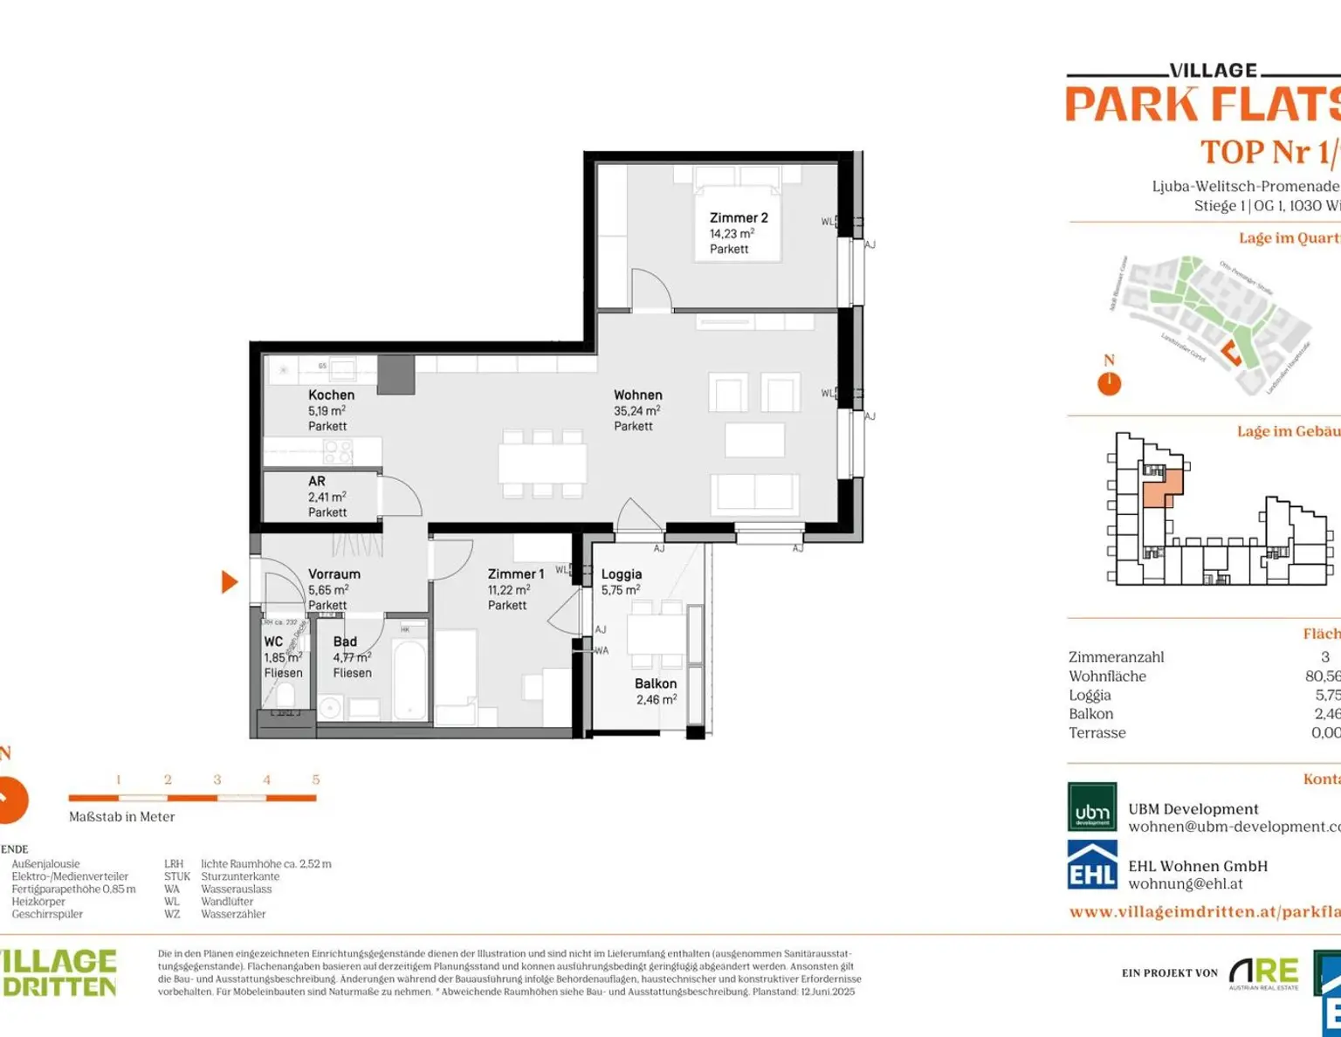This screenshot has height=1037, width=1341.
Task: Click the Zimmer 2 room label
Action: coord(739,218)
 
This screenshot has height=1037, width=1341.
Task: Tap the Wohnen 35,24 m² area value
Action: coord(636,411)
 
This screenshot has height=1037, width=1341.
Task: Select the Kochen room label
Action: coord(331,395)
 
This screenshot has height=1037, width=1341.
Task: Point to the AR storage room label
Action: coord(316,482)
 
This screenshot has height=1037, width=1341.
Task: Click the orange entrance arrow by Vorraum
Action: coord(230,582)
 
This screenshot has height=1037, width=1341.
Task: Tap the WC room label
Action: coord(273,642)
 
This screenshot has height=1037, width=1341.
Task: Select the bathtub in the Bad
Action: coord(409,679)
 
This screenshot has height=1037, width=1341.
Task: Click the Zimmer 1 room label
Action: coord(515,574)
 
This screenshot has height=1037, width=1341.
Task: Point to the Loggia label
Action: coord(621,574)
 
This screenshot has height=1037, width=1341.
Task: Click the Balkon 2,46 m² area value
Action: coord(656,700)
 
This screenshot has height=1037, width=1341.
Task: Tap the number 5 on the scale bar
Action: coord(316,780)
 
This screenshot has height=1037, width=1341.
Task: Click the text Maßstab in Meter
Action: coord(121,817)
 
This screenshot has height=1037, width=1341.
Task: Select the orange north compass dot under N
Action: coord(1109,383)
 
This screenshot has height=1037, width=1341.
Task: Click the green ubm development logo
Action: coord(1092,807)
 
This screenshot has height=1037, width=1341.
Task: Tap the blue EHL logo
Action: coord(1092,865)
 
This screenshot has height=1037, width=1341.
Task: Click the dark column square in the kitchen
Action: coord(395,375)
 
